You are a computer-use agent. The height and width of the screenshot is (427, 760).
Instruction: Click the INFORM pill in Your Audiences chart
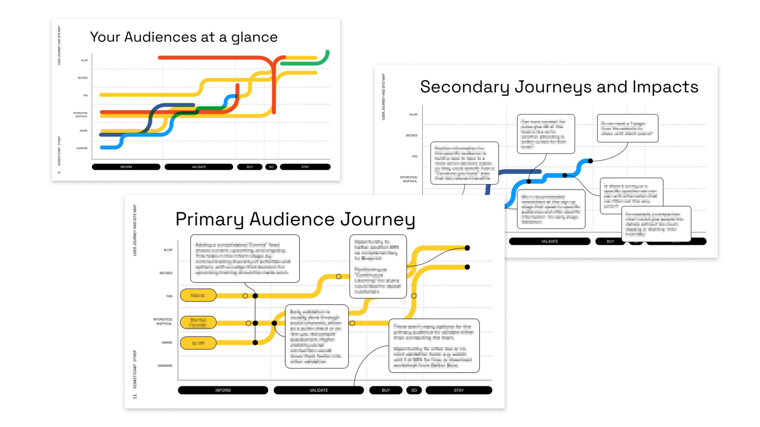click(x=126, y=167)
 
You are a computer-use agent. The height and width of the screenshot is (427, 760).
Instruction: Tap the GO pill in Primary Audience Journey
click(x=414, y=390)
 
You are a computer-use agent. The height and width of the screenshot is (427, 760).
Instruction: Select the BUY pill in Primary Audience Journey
click(x=386, y=390)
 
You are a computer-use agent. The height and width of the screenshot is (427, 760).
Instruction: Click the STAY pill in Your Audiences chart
click(x=305, y=167)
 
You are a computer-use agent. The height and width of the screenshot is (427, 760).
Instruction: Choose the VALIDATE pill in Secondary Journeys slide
click(x=550, y=241)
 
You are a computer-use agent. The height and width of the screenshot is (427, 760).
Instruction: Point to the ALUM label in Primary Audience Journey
click(x=168, y=250)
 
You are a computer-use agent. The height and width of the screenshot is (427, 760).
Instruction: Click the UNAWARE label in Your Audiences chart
click(x=82, y=148)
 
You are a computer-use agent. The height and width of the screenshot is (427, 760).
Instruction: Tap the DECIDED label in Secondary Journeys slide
click(x=411, y=136)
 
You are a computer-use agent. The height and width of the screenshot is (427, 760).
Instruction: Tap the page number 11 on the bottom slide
click(x=135, y=396)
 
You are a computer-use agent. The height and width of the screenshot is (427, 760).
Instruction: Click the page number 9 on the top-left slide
click(x=59, y=172)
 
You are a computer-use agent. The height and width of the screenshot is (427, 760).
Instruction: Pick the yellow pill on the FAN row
click(x=198, y=295)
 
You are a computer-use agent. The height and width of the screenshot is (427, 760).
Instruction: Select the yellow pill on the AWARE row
click(x=198, y=343)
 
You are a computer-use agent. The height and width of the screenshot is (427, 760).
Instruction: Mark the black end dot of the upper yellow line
click(x=467, y=248)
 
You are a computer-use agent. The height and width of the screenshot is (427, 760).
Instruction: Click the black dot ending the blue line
click(x=590, y=161)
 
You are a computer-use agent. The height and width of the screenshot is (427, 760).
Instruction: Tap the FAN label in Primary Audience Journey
click(x=169, y=296)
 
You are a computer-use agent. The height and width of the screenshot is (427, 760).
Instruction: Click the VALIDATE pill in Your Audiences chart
click(x=199, y=167)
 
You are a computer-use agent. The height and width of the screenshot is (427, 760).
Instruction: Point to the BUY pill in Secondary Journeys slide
click(x=610, y=241)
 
